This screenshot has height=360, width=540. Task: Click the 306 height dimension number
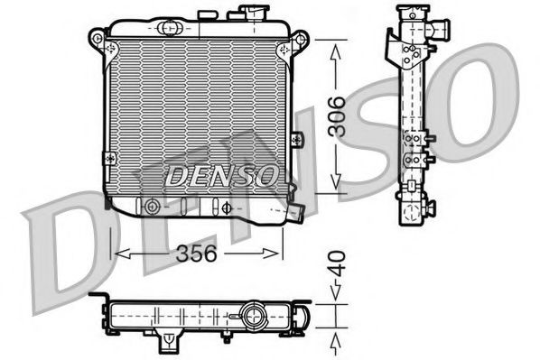336,116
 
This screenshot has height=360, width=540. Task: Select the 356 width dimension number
196,254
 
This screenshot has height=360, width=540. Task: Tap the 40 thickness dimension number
336,267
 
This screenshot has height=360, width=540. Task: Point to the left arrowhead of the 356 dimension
116,254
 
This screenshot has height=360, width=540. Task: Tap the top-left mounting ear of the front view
97,38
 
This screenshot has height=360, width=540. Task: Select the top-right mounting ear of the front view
301,39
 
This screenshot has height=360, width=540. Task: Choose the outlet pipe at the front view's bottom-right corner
294,212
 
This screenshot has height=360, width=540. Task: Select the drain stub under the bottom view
169,341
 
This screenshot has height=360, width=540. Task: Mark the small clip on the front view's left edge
108,157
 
